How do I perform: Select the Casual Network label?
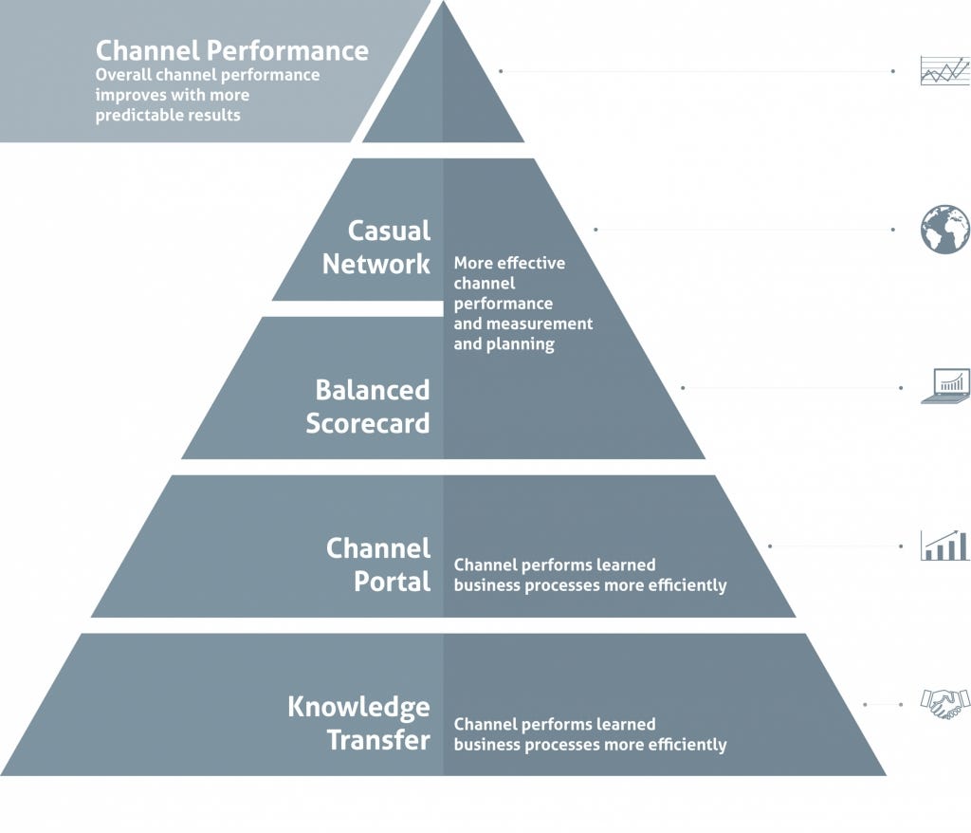click(x=376, y=247)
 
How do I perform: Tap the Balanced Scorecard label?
click(x=368, y=406)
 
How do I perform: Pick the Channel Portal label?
click(x=378, y=565)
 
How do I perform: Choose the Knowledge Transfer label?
click(x=359, y=723)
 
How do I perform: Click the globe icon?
click(x=944, y=230)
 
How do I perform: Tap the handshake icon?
click(x=944, y=703)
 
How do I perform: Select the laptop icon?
click(x=944, y=387)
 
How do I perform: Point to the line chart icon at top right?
click(x=944, y=71)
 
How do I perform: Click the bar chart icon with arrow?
click(x=944, y=546)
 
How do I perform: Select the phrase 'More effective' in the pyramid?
click(x=509, y=263)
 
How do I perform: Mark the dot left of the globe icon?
click(x=893, y=230)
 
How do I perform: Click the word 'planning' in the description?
click(x=522, y=343)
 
